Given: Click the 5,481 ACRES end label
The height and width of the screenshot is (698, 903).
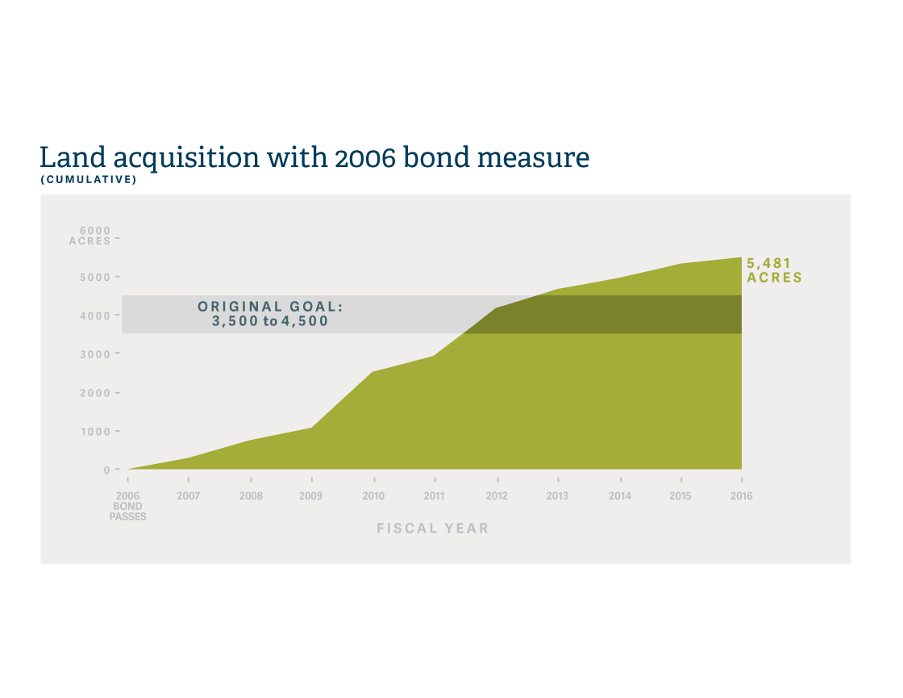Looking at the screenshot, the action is coord(774,270).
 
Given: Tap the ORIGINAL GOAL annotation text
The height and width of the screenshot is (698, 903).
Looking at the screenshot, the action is coord(270,314).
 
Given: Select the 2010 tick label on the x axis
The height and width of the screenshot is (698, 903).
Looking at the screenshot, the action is coord(373,495).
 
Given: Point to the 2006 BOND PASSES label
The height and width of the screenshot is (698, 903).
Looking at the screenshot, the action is coord(128,505).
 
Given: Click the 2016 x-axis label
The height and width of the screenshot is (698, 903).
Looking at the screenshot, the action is coord(741,495).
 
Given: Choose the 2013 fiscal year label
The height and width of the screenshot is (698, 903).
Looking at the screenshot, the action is coord(557,495).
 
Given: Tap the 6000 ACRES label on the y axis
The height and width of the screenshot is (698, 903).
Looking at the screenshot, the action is coord(89,236).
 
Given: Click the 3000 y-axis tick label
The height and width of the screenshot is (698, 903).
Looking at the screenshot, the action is coord(95,354).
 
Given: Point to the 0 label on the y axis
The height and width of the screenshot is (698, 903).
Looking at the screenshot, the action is coord(106,470).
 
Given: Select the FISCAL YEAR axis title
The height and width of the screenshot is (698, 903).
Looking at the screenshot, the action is coord(432,529).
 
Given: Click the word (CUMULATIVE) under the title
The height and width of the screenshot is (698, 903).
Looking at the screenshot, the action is coord(89,180).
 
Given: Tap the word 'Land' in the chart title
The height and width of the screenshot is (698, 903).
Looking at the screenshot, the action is coord(73,157).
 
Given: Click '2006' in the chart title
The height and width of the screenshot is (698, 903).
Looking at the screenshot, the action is coord(365,158).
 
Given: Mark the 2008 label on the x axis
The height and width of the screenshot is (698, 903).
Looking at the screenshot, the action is coord(251,495).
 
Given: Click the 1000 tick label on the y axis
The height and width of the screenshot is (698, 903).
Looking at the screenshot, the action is coord(95,432).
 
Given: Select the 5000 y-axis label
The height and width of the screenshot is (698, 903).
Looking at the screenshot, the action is coord(95,278).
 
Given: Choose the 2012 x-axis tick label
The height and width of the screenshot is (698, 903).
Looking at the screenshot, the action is coord(497,495).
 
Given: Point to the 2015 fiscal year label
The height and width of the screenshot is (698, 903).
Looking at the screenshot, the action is coord(680,495).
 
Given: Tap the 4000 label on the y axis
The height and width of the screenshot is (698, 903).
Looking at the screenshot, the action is coord(95,316).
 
